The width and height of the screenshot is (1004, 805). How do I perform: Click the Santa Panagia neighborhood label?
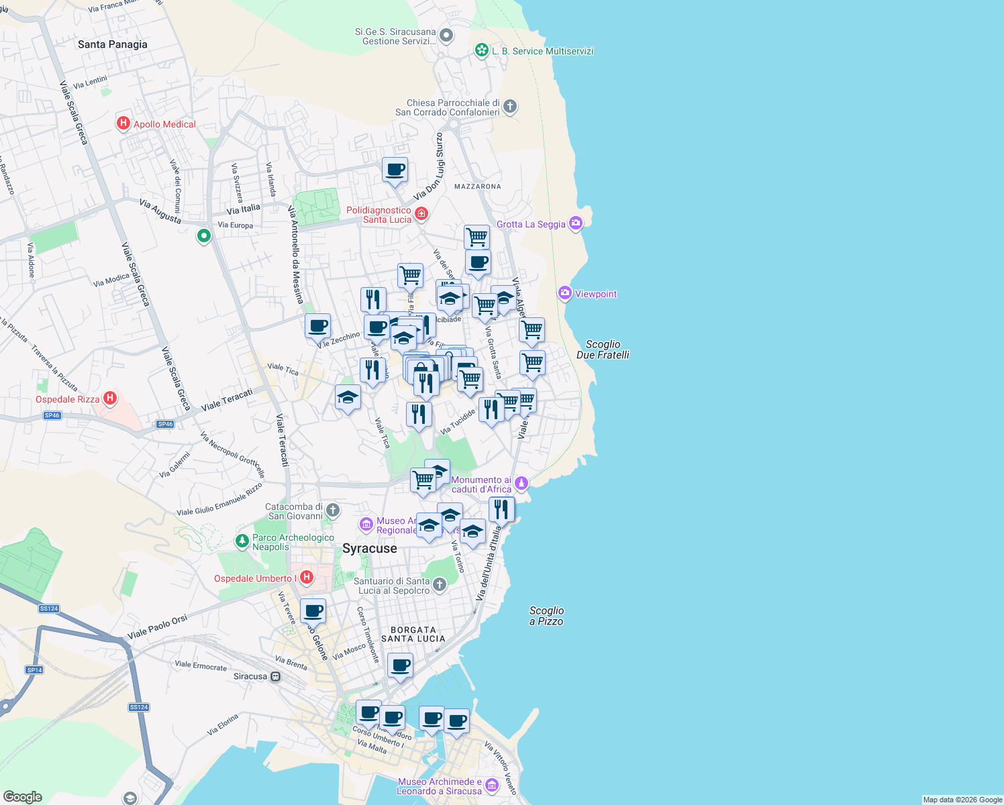click(112, 44)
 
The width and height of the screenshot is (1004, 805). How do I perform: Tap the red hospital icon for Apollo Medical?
click(123, 123)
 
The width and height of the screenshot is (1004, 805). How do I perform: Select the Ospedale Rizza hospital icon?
click(110, 398)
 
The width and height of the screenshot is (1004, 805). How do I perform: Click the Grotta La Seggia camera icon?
click(575, 223)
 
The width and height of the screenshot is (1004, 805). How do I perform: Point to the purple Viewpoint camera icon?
click(564, 293)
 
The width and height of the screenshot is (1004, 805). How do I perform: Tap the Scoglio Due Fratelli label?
click(603, 350)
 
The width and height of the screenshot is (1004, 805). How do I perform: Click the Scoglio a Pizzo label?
click(546, 616)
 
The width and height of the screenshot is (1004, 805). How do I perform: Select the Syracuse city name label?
click(369, 548)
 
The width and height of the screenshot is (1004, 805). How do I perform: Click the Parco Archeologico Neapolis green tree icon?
click(242, 541)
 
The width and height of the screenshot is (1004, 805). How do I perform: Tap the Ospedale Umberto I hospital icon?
click(306, 577)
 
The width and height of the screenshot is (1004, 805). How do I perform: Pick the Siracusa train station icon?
click(275, 676)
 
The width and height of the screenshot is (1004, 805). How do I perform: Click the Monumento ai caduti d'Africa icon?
click(521, 483)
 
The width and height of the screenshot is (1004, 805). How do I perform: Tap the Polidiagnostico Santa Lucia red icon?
click(421, 214)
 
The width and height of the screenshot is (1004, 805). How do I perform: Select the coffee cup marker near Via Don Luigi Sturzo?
click(395, 170)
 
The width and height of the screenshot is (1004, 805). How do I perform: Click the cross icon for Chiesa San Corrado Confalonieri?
click(510, 106)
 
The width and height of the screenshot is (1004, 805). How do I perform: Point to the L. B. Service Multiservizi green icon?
click(481, 50)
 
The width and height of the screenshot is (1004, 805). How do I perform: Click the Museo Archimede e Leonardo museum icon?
click(492, 785)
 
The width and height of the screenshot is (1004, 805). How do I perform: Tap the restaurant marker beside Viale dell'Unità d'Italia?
click(501, 510)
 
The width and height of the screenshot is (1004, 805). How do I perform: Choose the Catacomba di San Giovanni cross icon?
click(332, 511)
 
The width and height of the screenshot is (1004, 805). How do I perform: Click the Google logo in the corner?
click(22, 797)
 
